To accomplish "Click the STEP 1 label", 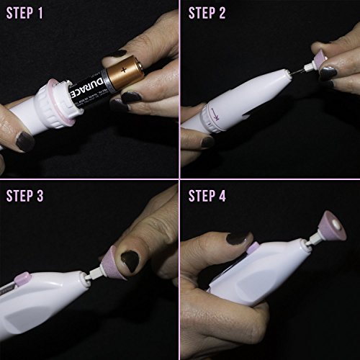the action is click(24, 13).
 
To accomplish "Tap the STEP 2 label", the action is click(207, 13).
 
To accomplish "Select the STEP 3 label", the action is click(24, 196).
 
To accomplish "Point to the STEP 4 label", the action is click(207, 196).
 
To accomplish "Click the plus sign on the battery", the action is click(124, 70).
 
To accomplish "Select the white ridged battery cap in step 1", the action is click(59, 103).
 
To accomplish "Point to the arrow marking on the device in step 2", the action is click(215, 114).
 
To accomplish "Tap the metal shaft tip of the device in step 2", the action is click(297, 71).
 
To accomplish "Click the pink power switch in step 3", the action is click(23, 279).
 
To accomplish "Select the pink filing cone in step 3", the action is click(113, 263).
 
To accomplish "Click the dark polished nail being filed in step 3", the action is click(130, 261).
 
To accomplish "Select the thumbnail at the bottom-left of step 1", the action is click(24, 142).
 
